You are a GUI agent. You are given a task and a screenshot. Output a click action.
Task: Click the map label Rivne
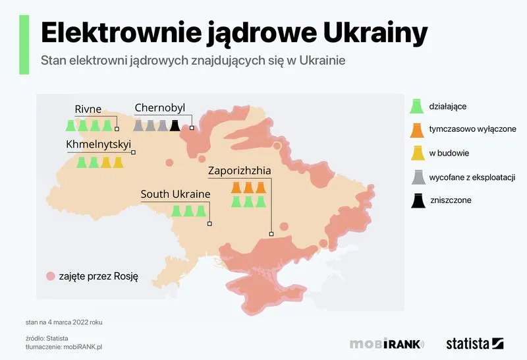click(88, 108)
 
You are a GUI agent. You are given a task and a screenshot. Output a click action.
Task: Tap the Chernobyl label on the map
click(160, 108)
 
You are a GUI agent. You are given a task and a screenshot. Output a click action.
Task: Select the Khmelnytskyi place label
click(99, 144)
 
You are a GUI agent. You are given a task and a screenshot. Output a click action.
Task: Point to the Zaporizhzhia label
click(239, 170)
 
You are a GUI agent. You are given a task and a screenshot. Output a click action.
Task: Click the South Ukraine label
click(175, 195)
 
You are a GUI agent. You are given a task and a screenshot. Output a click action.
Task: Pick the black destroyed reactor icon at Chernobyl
click(175, 125)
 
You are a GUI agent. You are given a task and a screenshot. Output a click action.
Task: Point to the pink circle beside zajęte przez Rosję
click(50, 276)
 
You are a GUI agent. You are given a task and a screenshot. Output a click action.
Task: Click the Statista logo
click(474, 344)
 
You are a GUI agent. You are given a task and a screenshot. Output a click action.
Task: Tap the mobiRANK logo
click(387, 344)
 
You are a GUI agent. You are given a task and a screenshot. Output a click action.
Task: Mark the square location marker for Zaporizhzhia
click(271, 233)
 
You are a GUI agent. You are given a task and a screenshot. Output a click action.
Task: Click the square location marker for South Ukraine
click(209, 224)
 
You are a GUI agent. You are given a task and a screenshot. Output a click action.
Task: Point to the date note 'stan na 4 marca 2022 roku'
click(64, 322)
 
